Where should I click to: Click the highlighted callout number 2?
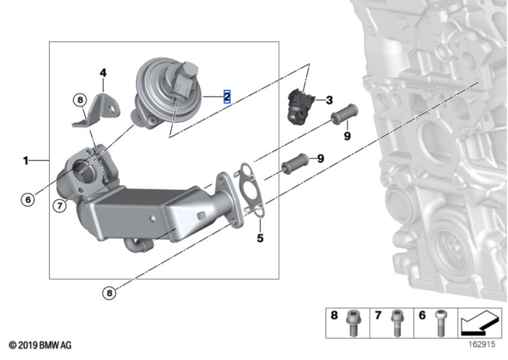[227, 97]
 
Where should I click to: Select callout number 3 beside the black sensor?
[329, 100]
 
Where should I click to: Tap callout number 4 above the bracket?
[103, 73]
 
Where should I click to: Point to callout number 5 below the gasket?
[260, 238]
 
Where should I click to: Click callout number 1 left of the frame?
[26, 160]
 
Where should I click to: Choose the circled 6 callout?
[28, 199]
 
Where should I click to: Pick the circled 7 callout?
[60, 205]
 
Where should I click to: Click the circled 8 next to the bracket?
[80, 100]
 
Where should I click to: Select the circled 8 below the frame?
[109, 293]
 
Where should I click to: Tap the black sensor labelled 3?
[301, 106]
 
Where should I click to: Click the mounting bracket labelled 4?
[96, 110]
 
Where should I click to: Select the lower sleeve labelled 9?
[295, 164]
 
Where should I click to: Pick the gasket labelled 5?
[249, 190]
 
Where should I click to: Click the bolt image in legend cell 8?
[352, 323]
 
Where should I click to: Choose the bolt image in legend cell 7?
[396, 323]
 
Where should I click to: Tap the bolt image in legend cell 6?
[440, 323]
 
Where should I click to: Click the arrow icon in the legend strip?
[480, 323]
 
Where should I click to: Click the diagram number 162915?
[482, 344]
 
